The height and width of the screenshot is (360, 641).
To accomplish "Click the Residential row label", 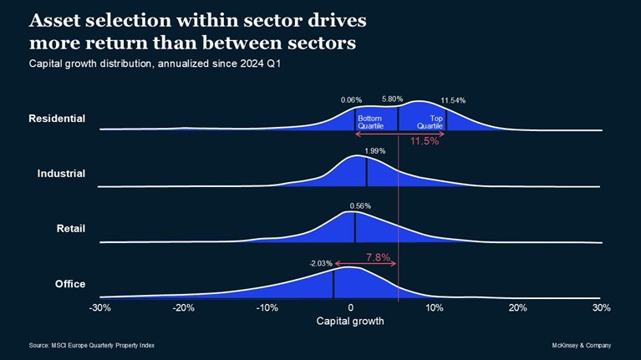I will pyautogui.click(x=57, y=119).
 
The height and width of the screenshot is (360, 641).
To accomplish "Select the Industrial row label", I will pyautogui.click(x=62, y=174).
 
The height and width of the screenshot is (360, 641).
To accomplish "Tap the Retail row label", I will pyautogui.click(x=69, y=229).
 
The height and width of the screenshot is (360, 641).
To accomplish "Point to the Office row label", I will pyautogui.click(x=70, y=284).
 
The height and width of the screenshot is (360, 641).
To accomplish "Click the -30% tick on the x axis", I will pyautogui.click(x=99, y=307).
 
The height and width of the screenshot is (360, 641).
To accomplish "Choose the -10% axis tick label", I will pyautogui.click(x=267, y=307).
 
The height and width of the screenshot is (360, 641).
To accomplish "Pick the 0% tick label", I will pyautogui.click(x=351, y=307).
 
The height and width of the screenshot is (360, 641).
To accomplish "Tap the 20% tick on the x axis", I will pyautogui.click(x=518, y=307).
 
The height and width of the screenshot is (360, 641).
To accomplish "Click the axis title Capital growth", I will pyautogui.click(x=350, y=321).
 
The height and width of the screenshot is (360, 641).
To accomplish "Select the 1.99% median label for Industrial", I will pyautogui.click(x=375, y=150).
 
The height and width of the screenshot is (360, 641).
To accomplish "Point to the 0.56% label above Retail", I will pyautogui.click(x=360, y=205).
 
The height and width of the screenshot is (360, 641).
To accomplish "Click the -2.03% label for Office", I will pyautogui.click(x=321, y=263).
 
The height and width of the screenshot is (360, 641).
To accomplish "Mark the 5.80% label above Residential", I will pyautogui.click(x=393, y=99).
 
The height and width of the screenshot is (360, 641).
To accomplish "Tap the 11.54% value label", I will pyautogui.click(x=452, y=100).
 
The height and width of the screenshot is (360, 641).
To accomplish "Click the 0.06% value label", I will pyautogui.click(x=352, y=100).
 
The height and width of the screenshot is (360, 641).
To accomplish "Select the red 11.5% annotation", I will pyautogui.click(x=424, y=141).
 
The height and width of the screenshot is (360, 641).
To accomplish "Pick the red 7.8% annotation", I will pyautogui.click(x=378, y=257).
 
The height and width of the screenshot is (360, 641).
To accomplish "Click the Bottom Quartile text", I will pyautogui.click(x=370, y=122).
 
